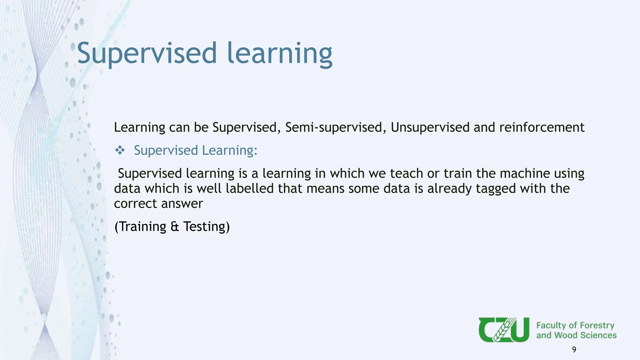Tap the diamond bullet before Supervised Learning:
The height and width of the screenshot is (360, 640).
click(x=120, y=151)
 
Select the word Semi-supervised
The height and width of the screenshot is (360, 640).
click(x=334, y=127)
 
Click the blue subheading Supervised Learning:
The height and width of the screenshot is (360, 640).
click(x=196, y=151)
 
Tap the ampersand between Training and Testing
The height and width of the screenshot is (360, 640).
click(x=175, y=227)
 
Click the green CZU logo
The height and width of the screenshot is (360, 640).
click(x=504, y=330)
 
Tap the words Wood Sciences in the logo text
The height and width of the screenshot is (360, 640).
click(x=585, y=335)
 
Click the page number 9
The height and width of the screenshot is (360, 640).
click(x=574, y=350)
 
